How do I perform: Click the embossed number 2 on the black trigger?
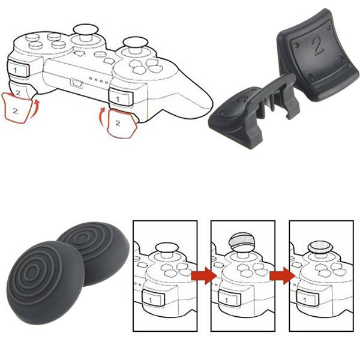[317, 46]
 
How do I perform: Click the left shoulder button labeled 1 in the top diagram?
[17, 70]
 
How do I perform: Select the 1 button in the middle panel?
[228, 297]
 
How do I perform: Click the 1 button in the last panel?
[306, 297]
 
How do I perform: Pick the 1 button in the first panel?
[151, 297]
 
